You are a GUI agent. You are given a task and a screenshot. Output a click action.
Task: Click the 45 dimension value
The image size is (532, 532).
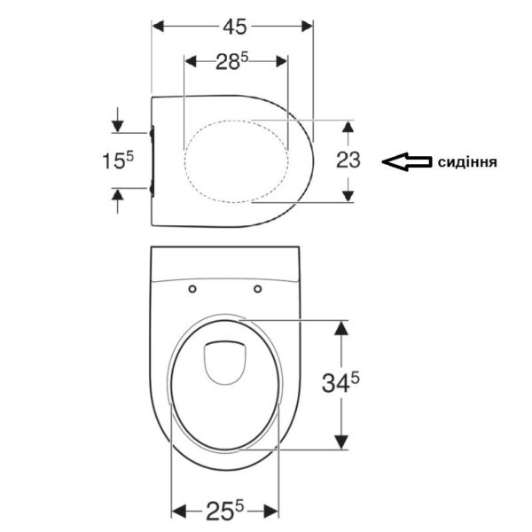point(234,27)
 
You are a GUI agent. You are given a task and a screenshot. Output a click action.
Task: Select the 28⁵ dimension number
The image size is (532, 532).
point(232,61)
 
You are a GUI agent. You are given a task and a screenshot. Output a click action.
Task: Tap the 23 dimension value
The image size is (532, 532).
point(348,160)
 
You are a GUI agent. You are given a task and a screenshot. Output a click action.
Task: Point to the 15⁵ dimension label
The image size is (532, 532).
point(118,160)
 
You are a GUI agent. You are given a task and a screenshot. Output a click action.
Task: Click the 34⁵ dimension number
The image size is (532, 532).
point(340,383)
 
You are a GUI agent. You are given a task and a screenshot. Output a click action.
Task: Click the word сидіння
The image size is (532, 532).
point(467,162)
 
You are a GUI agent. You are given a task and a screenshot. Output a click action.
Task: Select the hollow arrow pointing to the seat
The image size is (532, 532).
point(407,162)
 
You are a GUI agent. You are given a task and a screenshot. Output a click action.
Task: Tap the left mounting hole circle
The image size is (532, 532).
point(192,289)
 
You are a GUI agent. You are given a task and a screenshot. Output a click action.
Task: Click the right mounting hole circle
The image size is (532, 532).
point(257,289)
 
